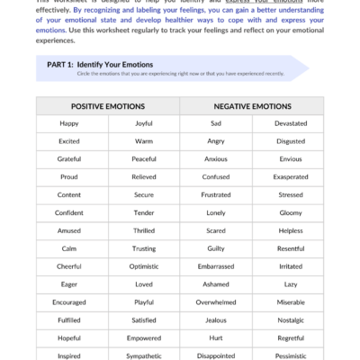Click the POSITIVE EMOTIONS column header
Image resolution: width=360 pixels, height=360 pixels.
coord(108,105)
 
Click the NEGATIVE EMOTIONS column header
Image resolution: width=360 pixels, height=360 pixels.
coord(251,105)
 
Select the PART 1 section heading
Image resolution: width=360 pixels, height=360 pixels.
coord(99,65)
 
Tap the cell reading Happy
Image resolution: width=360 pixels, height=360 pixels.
coord(69,123)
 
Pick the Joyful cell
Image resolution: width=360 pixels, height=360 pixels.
coord(144,123)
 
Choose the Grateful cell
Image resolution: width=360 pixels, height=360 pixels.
coord(69,159)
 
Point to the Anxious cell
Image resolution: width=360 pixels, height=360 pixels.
coord(216,159)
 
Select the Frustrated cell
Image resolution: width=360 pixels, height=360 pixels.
coord(216,194)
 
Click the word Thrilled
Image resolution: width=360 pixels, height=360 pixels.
coord(144,230)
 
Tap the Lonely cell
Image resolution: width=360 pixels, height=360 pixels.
coord(216,212)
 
